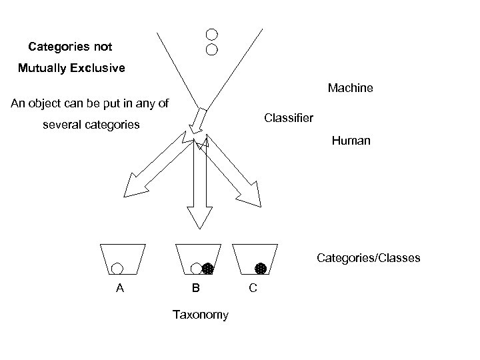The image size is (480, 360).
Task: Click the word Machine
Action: pyautogui.click(x=350, y=88)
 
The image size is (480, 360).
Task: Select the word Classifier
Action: pyautogui.click(x=288, y=118)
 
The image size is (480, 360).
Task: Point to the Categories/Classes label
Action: pyautogui.click(x=368, y=257)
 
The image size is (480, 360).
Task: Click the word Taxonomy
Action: pyautogui.click(x=200, y=315)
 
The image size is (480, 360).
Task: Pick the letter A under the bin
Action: pyautogui.click(x=119, y=289)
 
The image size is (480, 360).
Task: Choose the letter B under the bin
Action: pyautogui.click(x=195, y=289)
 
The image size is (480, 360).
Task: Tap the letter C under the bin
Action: pyautogui.click(x=253, y=289)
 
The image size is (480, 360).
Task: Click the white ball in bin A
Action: pyautogui.click(x=117, y=269)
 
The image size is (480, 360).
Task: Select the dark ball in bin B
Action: pyautogui.click(x=207, y=269)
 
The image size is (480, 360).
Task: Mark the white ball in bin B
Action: pyautogui.click(x=196, y=269)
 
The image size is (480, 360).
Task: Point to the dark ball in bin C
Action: pyautogui.click(x=261, y=269)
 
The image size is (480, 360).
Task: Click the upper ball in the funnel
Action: pyautogui.click(x=211, y=34)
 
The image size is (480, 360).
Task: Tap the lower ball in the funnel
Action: pyautogui.click(x=211, y=49)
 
